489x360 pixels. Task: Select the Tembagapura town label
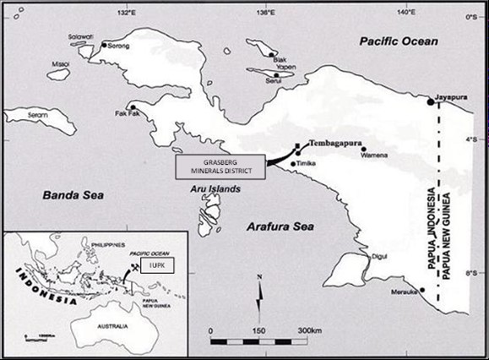[x=332, y=144]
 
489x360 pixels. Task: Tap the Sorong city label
[x=119, y=46]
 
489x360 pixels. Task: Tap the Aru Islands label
[x=212, y=188]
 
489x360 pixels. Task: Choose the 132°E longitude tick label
[x=126, y=12]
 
